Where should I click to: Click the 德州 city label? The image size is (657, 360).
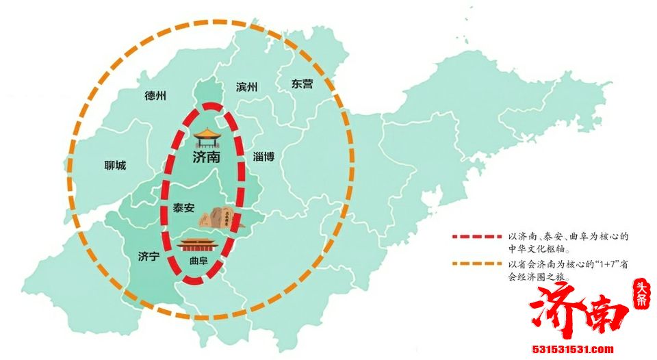tap(155, 97)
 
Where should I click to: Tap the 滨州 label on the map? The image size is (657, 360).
tap(246, 87)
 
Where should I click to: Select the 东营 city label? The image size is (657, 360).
tap(302, 84)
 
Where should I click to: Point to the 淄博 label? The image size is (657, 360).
tap(263, 156)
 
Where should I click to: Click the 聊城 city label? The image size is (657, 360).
tap(115, 166)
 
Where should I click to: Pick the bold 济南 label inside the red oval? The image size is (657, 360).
tap(206, 157)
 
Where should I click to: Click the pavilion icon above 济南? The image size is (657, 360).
tap(207, 137)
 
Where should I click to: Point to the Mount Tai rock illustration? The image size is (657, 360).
tap(217, 217)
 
